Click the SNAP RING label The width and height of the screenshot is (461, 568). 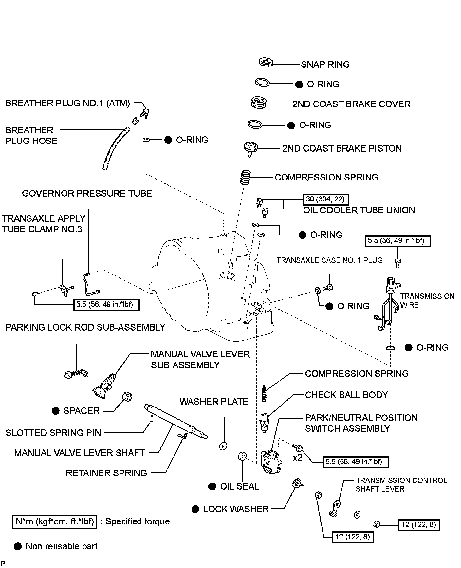point(325,65)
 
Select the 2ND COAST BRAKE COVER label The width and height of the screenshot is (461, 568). point(351,104)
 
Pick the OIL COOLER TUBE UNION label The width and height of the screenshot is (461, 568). point(359,210)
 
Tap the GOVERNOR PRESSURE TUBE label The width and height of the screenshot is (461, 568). point(87,193)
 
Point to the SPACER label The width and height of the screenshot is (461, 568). point(81,411)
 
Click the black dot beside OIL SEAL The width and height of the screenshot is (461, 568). point(212,487)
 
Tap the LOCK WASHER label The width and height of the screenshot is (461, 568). point(236,509)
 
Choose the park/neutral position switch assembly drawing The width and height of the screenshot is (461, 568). point(270,462)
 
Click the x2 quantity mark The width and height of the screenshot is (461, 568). point(297,458)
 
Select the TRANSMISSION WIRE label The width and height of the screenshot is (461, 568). point(427,300)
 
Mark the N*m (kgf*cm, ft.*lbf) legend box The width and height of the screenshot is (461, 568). point(55,521)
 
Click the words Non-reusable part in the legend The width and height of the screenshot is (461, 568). point(62,546)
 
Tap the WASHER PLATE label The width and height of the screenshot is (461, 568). point(214,402)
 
